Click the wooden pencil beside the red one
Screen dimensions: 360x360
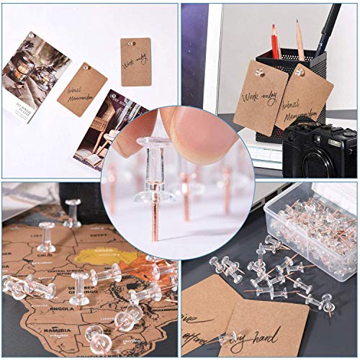[299, 40]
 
